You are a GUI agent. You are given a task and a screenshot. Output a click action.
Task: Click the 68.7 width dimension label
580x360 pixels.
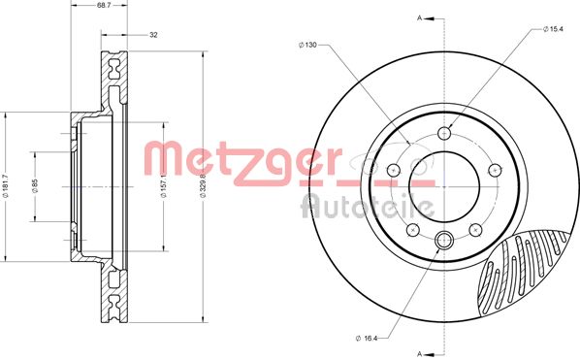[98, 6]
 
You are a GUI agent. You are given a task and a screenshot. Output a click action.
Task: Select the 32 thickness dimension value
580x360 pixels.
[153, 35]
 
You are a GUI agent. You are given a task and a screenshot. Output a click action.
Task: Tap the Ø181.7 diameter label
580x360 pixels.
[5, 187]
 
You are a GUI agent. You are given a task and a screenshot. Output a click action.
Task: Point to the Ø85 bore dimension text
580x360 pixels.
[35, 185]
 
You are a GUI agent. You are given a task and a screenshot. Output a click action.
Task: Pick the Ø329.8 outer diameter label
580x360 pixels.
[203, 185]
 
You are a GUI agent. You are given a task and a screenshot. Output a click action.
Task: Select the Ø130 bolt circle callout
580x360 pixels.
[307, 45]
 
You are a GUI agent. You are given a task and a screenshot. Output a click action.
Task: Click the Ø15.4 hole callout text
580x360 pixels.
[553, 29]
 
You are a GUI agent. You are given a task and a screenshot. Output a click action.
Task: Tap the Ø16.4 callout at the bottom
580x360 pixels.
[367, 338]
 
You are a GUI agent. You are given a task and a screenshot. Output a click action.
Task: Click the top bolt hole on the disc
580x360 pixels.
[444, 133]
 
